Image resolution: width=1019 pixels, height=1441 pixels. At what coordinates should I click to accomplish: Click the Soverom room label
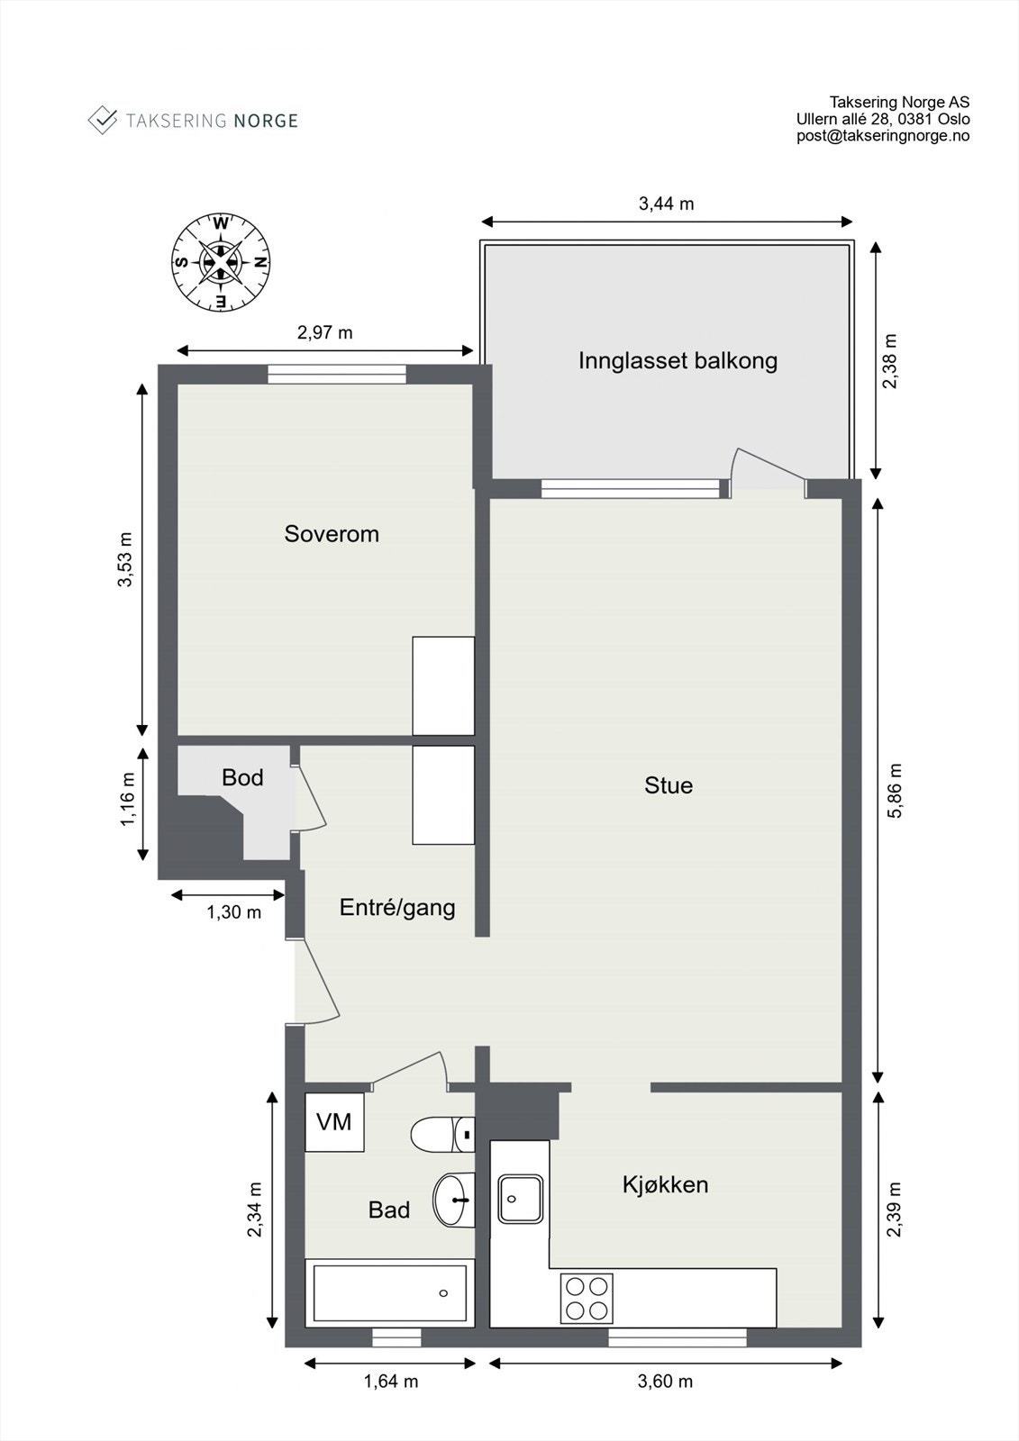(332, 534)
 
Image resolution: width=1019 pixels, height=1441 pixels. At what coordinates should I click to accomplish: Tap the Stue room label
(669, 785)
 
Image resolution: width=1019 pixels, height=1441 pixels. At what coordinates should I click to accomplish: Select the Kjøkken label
(665, 1184)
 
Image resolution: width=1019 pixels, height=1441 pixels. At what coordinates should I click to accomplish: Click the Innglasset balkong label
(678, 361)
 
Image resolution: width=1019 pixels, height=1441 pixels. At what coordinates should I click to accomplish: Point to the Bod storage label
(242, 777)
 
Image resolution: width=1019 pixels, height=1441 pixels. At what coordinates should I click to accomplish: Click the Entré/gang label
(397, 907)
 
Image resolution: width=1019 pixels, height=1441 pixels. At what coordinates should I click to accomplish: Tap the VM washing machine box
(334, 1122)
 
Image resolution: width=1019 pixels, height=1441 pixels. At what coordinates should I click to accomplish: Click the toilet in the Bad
(441, 1134)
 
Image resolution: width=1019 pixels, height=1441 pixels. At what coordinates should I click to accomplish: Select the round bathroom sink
(453, 1200)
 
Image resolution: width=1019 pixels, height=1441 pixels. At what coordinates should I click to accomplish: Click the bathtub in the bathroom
(389, 1293)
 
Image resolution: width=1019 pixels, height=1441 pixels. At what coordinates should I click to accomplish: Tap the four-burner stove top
(587, 1298)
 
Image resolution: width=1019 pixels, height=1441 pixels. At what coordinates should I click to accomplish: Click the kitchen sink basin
(521, 1199)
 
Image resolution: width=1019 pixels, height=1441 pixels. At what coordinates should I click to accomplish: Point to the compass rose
(221, 262)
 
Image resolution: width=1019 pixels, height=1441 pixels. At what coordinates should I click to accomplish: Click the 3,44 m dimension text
(666, 204)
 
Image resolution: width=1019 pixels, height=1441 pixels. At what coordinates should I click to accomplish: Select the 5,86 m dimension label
(894, 791)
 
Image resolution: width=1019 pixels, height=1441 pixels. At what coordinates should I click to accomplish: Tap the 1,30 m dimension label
(233, 912)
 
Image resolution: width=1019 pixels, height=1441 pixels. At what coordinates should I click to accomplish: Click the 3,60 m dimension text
(665, 1382)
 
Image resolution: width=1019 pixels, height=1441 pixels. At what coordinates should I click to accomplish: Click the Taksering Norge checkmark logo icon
(103, 120)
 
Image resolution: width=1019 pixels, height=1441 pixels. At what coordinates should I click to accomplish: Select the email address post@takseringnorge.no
(882, 136)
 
